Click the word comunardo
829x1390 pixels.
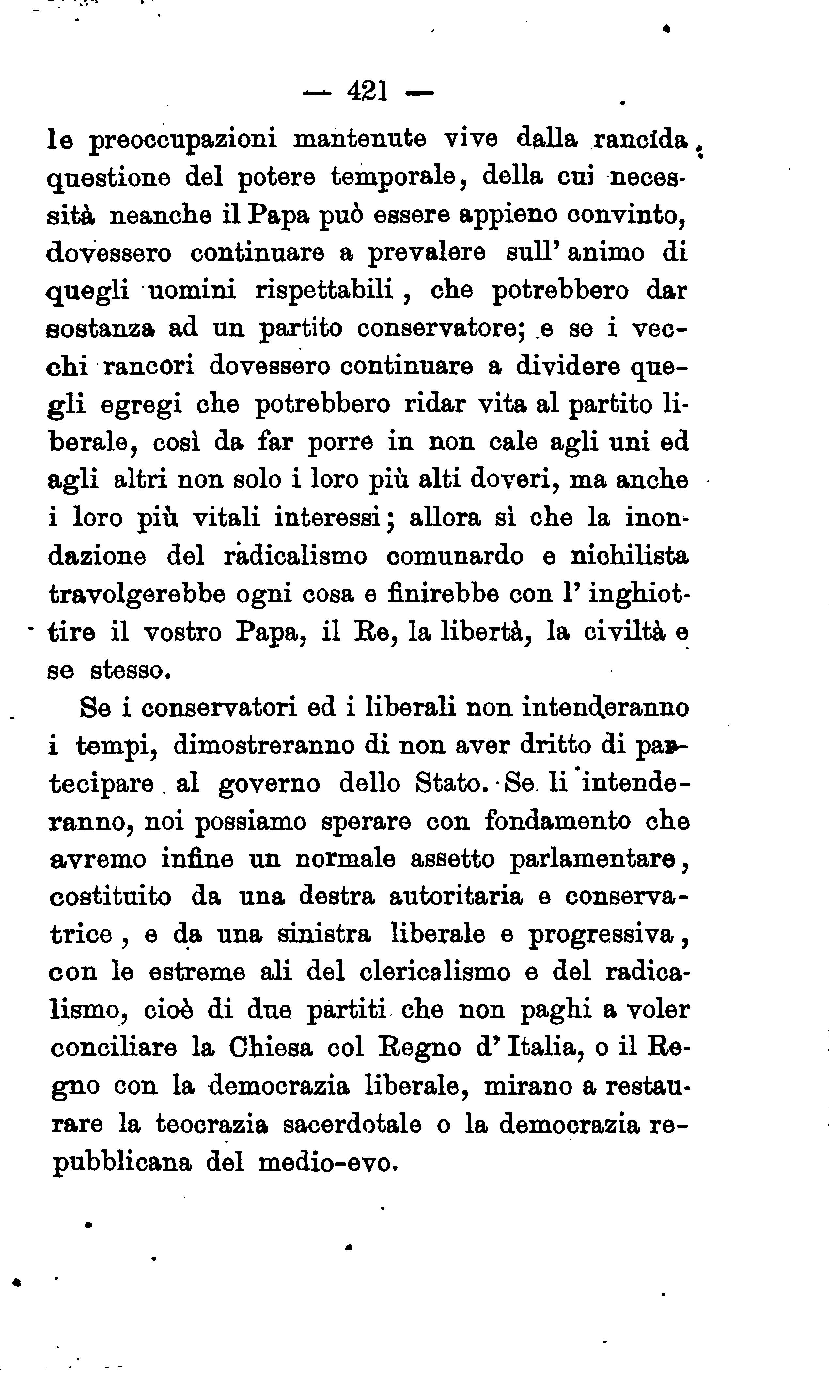(x=455, y=557)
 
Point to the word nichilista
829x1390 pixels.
(x=630, y=557)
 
